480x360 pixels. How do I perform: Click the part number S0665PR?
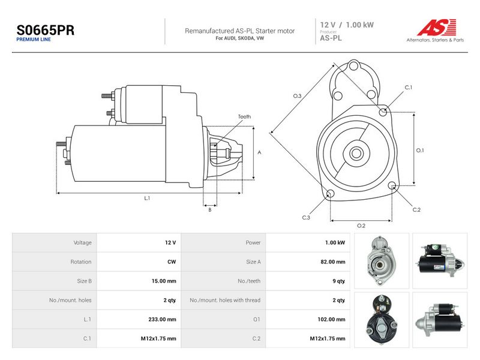pos(46,30)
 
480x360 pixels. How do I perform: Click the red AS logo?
pos(437,27)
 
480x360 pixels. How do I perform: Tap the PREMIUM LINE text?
pos(34,40)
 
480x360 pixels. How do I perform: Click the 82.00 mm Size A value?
pos(333,262)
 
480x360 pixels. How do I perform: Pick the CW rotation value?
pos(172,262)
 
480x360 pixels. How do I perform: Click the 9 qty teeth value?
pos(339,281)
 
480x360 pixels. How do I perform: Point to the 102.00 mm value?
pos(332,319)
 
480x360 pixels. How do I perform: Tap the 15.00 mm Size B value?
pos(164,281)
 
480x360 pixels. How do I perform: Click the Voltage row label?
pos(83,243)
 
